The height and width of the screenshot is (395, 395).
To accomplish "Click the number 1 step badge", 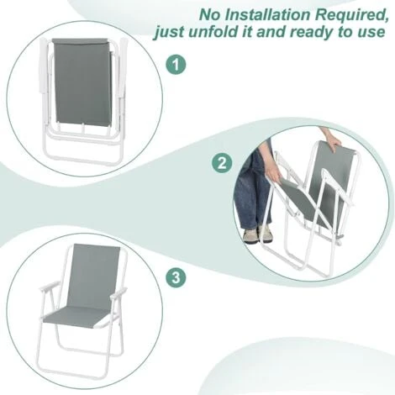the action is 176,65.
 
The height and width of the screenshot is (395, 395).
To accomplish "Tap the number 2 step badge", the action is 222,163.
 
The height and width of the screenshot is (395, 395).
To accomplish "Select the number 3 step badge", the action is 176,277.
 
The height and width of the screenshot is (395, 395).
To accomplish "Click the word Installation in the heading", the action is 267,14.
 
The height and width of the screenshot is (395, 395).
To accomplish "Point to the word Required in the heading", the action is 351,15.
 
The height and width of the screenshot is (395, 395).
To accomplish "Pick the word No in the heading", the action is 210,15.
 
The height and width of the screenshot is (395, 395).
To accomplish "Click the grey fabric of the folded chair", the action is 82,82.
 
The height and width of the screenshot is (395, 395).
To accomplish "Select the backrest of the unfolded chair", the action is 94,276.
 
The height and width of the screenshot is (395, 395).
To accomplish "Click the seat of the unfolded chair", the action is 76,318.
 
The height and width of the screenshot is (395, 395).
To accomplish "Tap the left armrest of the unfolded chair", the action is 49,287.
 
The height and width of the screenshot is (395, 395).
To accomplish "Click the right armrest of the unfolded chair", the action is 118,293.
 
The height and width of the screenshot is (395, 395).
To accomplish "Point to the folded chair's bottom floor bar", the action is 84,161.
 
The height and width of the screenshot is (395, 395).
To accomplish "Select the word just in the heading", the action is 168,33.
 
